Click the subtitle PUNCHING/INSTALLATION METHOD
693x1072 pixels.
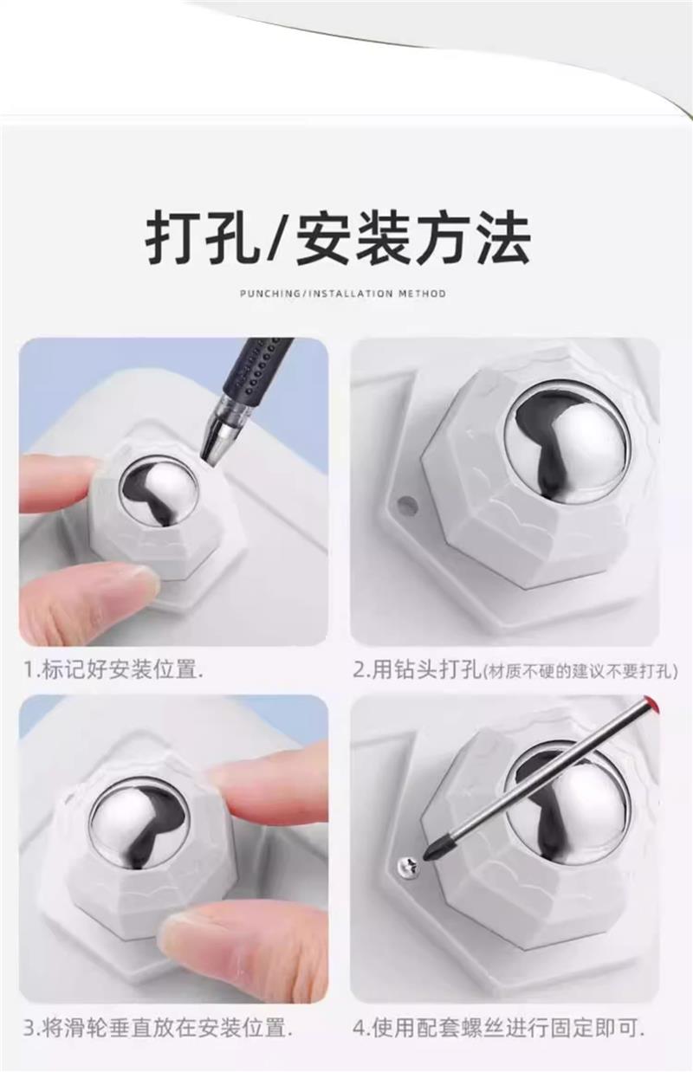coord(343,294)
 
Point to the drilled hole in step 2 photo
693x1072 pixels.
coord(406,502)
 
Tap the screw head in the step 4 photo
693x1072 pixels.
coord(407,864)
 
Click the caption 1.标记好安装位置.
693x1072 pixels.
coord(113,669)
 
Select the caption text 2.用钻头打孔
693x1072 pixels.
coord(417,670)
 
